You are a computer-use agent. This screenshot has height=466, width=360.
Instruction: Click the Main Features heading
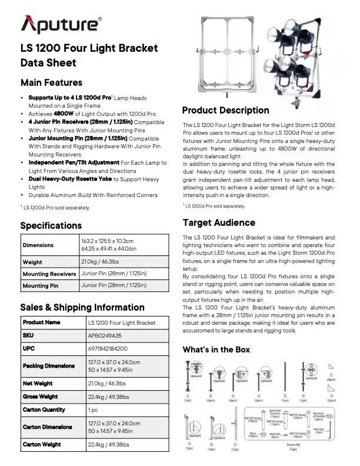pyautogui.click(x=51, y=82)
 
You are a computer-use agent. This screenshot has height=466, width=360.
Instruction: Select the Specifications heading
pyautogui.click(x=51, y=225)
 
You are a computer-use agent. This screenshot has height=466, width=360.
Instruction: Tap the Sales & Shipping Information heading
pyautogui.click(x=82, y=307)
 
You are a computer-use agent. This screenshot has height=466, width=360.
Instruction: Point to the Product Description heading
pyautogui.click(x=226, y=110)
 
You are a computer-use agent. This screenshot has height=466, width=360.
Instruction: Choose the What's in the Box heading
pyautogui.click(x=216, y=349)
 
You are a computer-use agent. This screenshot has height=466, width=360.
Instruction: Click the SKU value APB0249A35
pyautogui.click(x=105, y=335)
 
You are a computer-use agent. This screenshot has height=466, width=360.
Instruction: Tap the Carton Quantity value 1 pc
pyautogui.click(x=93, y=409)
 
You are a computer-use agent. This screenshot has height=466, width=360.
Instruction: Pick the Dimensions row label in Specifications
pyautogui.click(x=38, y=245)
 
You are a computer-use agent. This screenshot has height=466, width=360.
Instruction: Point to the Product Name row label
pyautogui.click(x=41, y=322)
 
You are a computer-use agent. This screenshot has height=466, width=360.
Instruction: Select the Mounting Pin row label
pyautogui.click(x=41, y=285)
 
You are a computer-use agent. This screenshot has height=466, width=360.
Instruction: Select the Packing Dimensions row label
pyautogui.click(x=49, y=366)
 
